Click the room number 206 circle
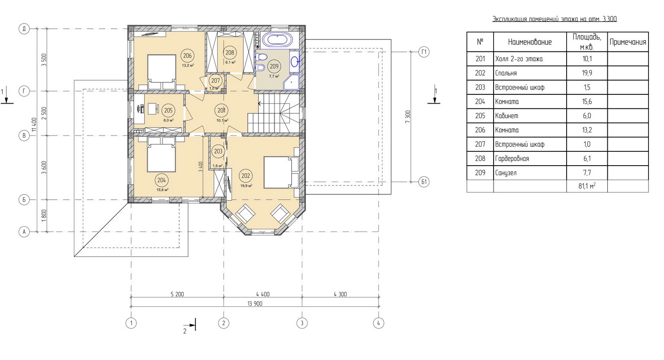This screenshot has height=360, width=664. (187, 55)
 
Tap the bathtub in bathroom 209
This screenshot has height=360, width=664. (278, 40)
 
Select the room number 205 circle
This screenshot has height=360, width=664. (168, 111)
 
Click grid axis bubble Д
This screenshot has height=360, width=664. (24, 29)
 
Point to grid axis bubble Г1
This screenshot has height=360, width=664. (424, 52)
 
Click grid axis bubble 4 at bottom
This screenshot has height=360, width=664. (378, 323)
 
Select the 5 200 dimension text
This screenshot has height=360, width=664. (177, 294)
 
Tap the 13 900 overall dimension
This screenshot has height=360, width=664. (255, 304)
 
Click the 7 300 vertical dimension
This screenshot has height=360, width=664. (408, 117)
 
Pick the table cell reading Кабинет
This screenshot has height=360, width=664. (506, 116)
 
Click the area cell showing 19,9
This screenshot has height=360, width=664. (587, 73)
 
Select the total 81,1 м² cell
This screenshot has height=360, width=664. (587, 186)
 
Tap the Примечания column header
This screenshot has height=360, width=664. (628, 42)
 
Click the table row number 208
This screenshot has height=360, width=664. (480, 159)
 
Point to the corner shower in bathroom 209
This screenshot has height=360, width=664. (291, 82)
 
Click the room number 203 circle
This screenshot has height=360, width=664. (218, 151)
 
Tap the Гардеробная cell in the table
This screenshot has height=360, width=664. (512, 159)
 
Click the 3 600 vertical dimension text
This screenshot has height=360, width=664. (44, 167)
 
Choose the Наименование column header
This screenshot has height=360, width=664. (530, 42)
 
